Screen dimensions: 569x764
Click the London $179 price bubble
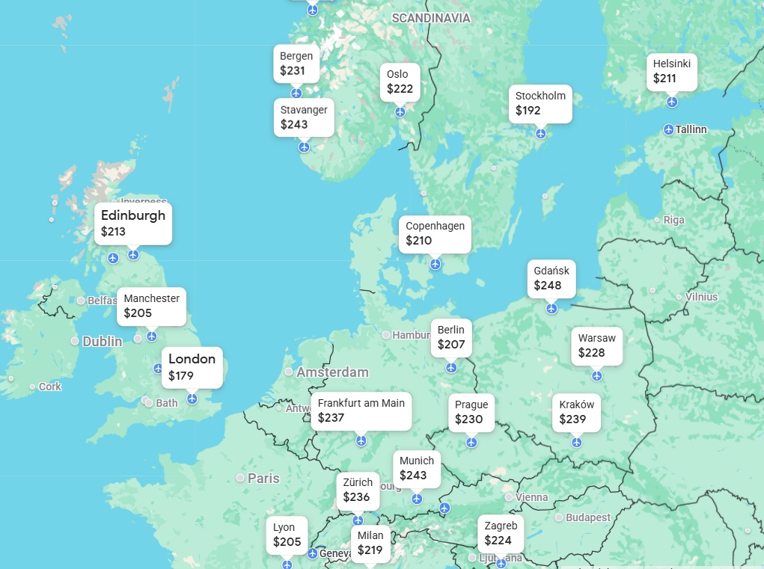192,367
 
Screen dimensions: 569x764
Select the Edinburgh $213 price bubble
133,224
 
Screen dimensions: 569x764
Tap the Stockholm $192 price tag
540,103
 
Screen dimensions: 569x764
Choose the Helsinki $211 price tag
671,71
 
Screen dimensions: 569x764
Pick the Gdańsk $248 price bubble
551,278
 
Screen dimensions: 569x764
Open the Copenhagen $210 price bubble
435,233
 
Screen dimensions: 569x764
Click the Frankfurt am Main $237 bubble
361,410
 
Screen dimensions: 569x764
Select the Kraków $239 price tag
577,412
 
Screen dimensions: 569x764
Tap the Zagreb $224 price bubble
501,533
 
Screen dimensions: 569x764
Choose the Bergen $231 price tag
296,64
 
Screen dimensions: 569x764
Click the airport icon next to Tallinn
668,129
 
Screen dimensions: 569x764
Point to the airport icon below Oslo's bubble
400,112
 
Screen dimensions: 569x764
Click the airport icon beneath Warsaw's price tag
596,375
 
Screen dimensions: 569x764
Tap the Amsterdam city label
332,372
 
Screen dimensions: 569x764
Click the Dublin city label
102,341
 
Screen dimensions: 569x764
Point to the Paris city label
263,478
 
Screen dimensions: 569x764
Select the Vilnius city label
701,297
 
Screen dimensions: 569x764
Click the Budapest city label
587,517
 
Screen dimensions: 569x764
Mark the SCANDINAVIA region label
431,18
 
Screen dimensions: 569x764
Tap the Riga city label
673,220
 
